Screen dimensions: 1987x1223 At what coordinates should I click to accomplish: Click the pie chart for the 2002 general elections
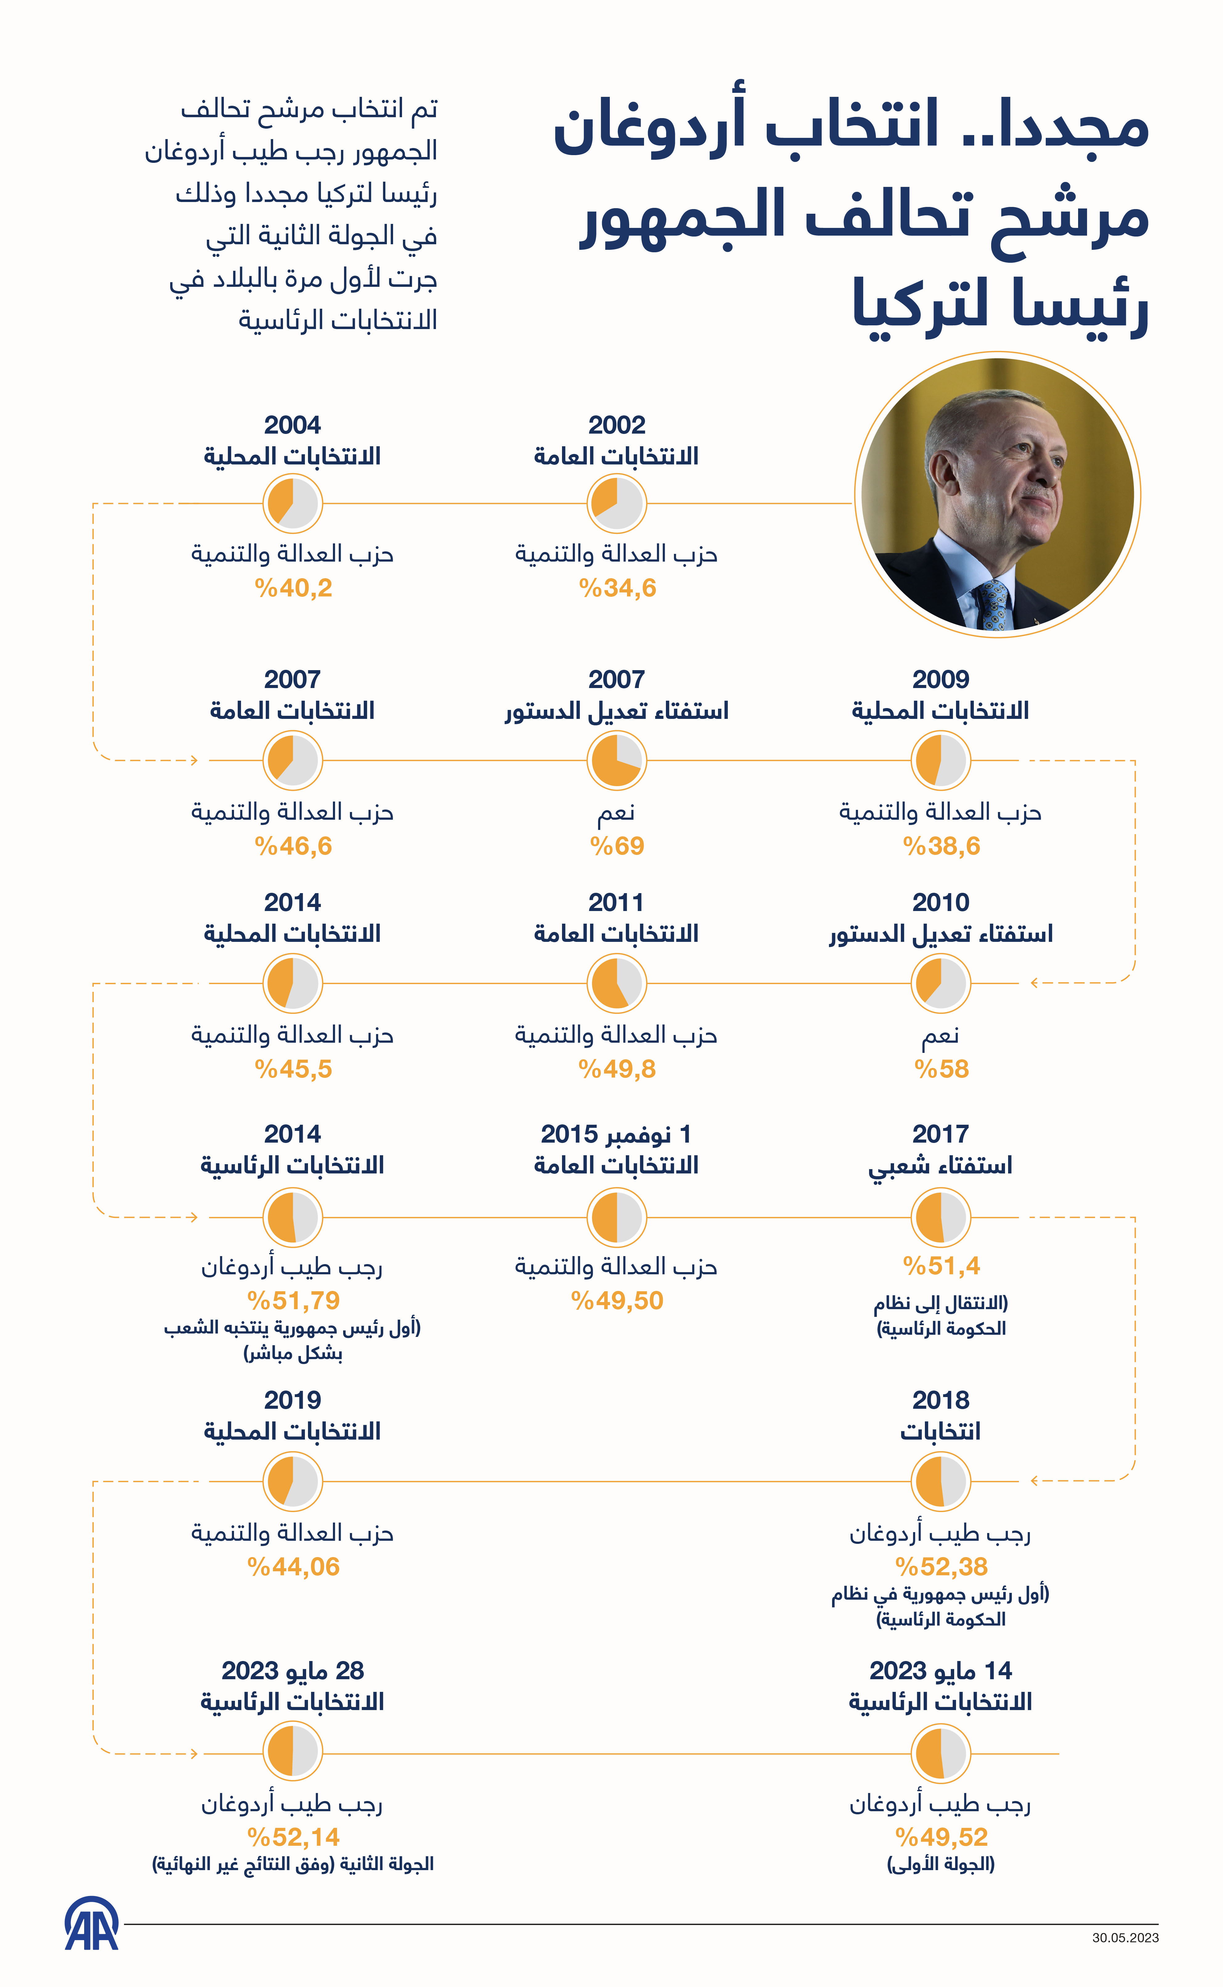click(616, 503)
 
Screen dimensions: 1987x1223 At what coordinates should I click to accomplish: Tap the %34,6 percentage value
click(617, 588)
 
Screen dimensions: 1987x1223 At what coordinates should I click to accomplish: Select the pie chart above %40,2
click(293, 503)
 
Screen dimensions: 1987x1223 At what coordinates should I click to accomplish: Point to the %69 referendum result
click(617, 846)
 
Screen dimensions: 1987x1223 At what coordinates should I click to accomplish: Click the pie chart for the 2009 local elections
click(941, 761)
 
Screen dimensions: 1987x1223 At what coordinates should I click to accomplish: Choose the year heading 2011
click(616, 902)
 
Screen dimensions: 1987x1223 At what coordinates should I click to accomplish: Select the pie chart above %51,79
click(293, 1217)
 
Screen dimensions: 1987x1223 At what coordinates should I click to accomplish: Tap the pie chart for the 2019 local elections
click(293, 1481)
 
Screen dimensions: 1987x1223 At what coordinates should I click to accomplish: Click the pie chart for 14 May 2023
click(941, 1753)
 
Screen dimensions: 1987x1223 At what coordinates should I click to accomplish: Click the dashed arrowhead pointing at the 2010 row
click(1035, 983)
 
